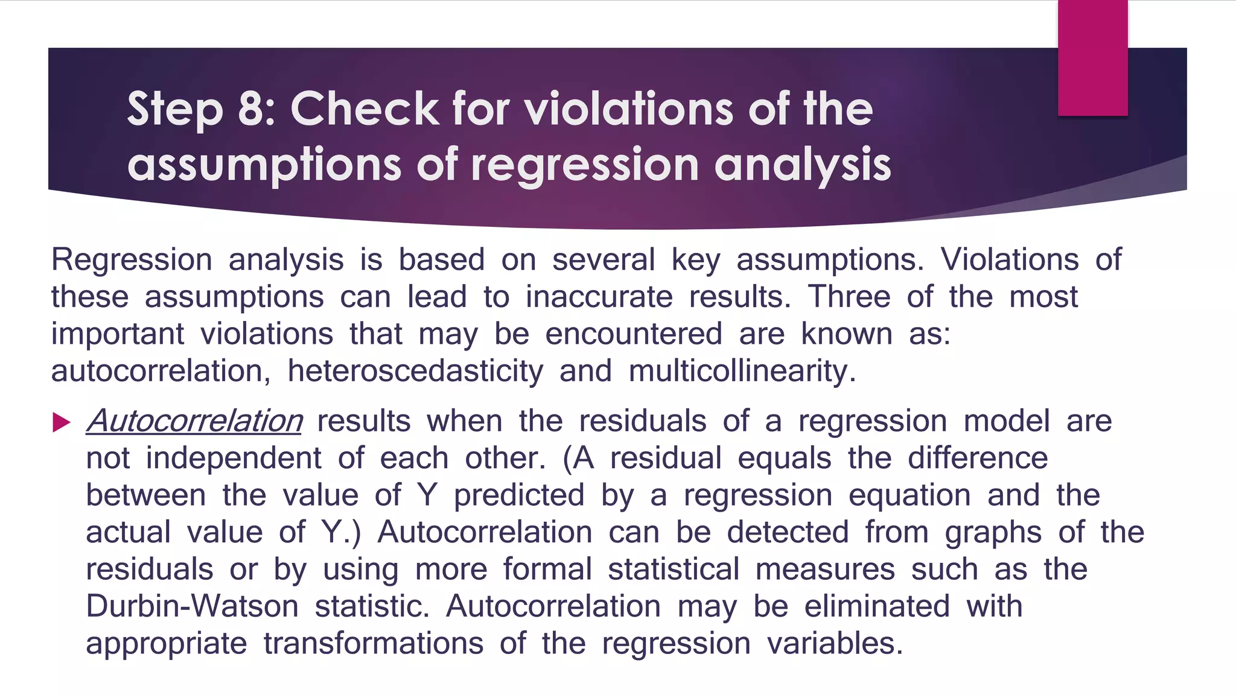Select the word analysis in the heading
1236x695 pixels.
point(802,164)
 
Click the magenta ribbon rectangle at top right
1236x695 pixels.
point(1092,57)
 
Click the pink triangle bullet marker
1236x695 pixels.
point(62,422)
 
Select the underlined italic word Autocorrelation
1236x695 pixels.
point(194,420)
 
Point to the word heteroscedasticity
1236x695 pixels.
point(415,371)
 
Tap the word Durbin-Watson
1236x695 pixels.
point(192,606)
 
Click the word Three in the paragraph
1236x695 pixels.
point(849,297)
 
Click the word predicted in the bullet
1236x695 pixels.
point(519,495)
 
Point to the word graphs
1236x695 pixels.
point(993,533)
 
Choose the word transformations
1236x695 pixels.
point(373,643)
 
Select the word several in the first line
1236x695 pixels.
point(603,260)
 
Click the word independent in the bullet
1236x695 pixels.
point(233,458)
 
